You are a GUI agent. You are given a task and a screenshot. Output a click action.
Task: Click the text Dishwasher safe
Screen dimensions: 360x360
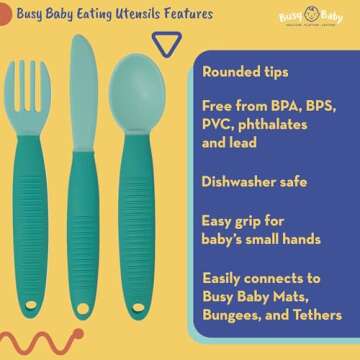256,184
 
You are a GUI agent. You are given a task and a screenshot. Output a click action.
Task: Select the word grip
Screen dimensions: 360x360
249,222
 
